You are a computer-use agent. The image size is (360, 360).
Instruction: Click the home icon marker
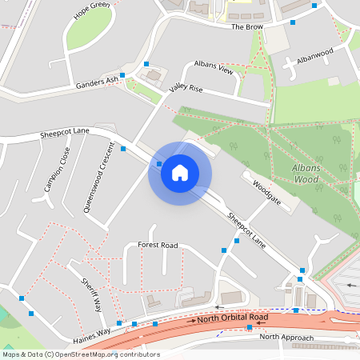click(x=180, y=172)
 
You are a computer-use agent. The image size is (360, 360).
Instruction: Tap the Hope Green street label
click(x=92, y=10)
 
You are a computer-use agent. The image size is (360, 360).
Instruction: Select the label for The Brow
click(x=247, y=26)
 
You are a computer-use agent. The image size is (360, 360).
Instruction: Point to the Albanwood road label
click(x=314, y=56)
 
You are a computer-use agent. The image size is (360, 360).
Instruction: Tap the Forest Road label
click(x=158, y=245)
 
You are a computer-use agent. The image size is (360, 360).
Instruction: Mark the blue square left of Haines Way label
click(x=22, y=299)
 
